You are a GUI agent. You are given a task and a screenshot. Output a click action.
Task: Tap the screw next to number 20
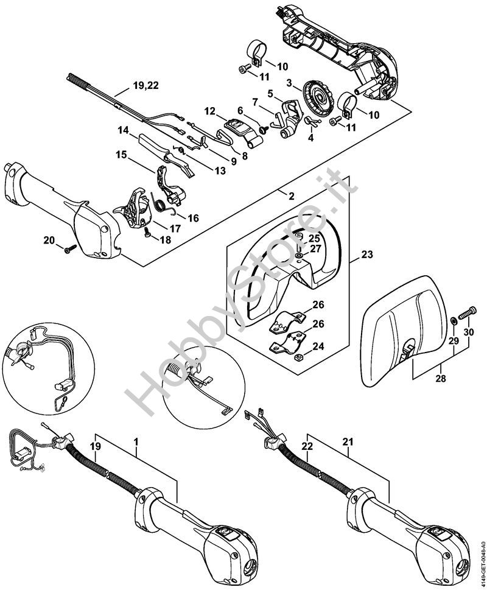click(x=69, y=247)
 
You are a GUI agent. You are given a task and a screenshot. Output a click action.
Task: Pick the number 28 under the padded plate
click(x=441, y=378)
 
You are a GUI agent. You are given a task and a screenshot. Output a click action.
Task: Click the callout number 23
click(x=366, y=256)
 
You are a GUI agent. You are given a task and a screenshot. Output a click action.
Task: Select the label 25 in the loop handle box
click(x=314, y=237)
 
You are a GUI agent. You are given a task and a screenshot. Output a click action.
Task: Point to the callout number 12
click(x=210, y=111)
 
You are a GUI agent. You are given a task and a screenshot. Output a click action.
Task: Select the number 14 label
click(x=124, y=130)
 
